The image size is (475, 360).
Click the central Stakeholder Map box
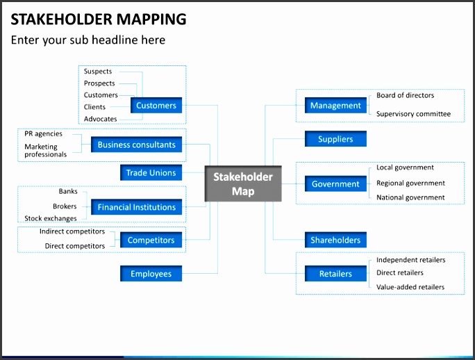pos(243,183)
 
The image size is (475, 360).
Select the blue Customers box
pos(156,106)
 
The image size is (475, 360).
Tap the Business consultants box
pos(137,145)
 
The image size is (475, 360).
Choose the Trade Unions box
pos(151,172)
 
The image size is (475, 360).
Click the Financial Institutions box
pos(137,207)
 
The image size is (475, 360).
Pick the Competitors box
pos(151,240)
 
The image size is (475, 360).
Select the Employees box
pos(151,274)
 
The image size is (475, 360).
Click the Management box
pos(335,106)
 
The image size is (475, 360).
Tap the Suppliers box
pos(335,139)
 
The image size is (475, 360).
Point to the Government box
pos(335,184)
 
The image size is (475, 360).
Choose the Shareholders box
pos(335,240)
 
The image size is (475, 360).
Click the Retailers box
pos(335,274)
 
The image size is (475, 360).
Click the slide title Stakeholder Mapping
pos(99,19)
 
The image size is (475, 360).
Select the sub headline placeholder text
pos(88,40)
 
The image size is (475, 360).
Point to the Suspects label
pos(98,72)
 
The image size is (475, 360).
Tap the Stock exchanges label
pos(51,218)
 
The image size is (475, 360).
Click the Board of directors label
pos(406,95)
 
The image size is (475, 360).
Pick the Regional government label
pos(410,183)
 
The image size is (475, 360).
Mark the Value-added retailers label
pos(410,287)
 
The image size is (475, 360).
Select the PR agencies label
pos(44,133)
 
